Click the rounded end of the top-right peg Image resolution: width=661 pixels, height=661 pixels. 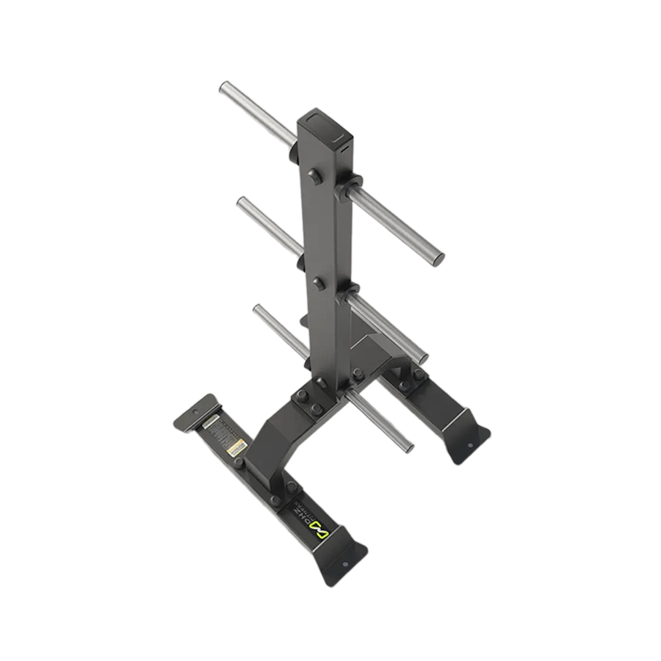[x=438, y=259]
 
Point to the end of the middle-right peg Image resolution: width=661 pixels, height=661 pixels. [x=422, y=359]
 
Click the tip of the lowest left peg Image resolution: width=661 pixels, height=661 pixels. [x=258, y=310]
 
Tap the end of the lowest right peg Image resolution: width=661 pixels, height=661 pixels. [x=407, y=447]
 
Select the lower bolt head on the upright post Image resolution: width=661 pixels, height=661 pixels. [x=318, y=282]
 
